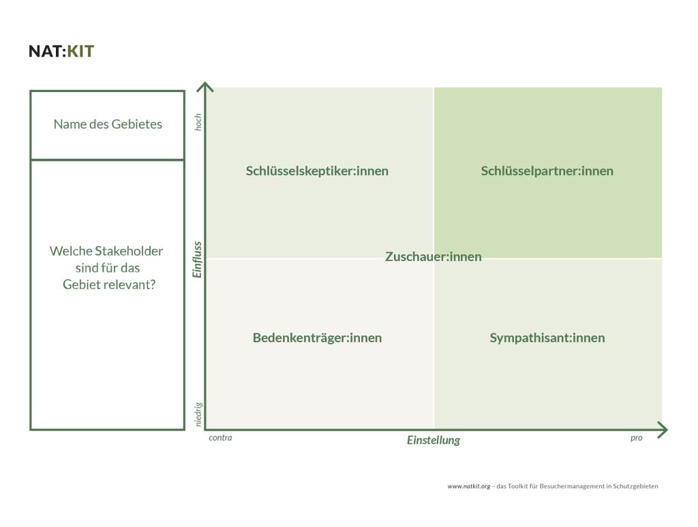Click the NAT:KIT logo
[61, 51]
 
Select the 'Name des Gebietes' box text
[108, 124]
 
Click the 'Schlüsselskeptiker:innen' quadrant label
[317, 171]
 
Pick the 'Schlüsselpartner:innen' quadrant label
[547, 171]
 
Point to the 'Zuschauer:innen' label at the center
[433, 257]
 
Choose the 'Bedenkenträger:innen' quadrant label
[317, 338]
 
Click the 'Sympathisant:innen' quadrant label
[547, 338]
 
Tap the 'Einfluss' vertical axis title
[198, 259]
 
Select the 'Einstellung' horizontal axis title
[434, 440]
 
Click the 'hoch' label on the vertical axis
[198, 122]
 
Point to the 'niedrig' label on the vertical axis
[198, 415]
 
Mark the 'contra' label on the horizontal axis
[220, 438]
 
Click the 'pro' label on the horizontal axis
[636, 438]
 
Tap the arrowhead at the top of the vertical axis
[205, 87]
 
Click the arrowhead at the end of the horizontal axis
[663, 430]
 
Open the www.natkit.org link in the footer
[468, 487]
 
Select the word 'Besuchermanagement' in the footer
[568, 487]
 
